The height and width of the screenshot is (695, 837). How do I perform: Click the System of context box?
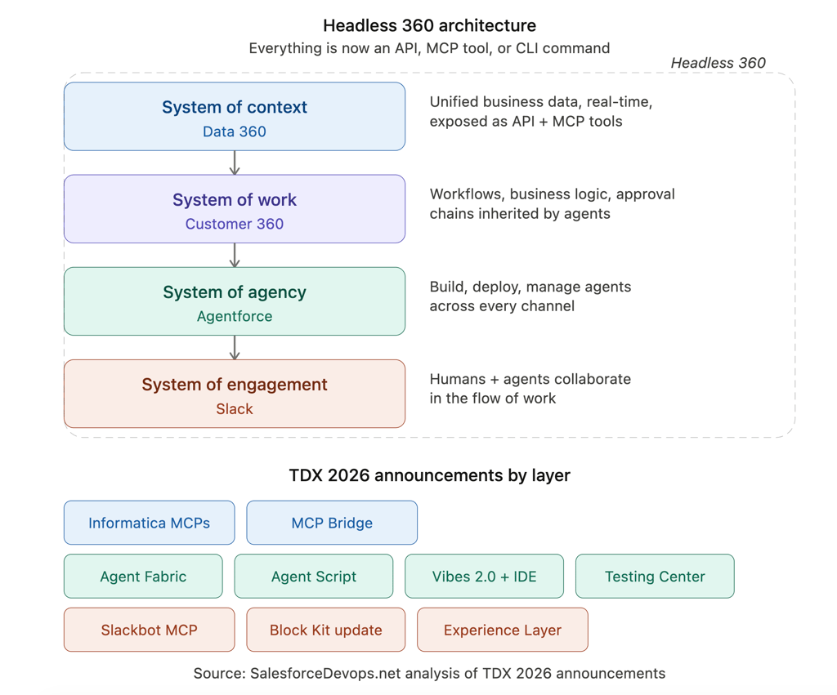point(235,117)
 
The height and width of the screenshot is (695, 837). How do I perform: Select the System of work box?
point(235,209)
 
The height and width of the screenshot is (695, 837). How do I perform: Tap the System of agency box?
point(235,301)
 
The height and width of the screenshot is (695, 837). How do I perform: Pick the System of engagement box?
point(235,394)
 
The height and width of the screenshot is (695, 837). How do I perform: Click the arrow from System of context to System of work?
point(235,163)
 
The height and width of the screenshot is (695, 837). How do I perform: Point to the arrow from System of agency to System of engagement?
point(235,347)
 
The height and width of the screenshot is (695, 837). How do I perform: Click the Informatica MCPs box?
point(150,523)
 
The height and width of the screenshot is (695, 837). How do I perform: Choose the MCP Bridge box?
point(332,523)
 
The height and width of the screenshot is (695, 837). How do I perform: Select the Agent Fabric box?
point(143,577)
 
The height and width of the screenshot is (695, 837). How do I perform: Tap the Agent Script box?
point(314,577)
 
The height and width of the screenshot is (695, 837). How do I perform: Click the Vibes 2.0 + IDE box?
point(485,577)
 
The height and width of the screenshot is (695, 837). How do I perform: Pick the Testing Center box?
point(655,577)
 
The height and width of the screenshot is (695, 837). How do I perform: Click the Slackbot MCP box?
point(150,630)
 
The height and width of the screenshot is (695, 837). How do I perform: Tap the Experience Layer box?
point(503,630)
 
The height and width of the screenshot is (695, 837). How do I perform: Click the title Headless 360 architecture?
point(430,25)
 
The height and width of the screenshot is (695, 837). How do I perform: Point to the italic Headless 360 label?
point(718,63)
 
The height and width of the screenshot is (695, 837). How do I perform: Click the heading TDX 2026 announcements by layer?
point(430,474)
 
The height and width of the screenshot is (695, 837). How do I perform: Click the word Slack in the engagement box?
point(235,409)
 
